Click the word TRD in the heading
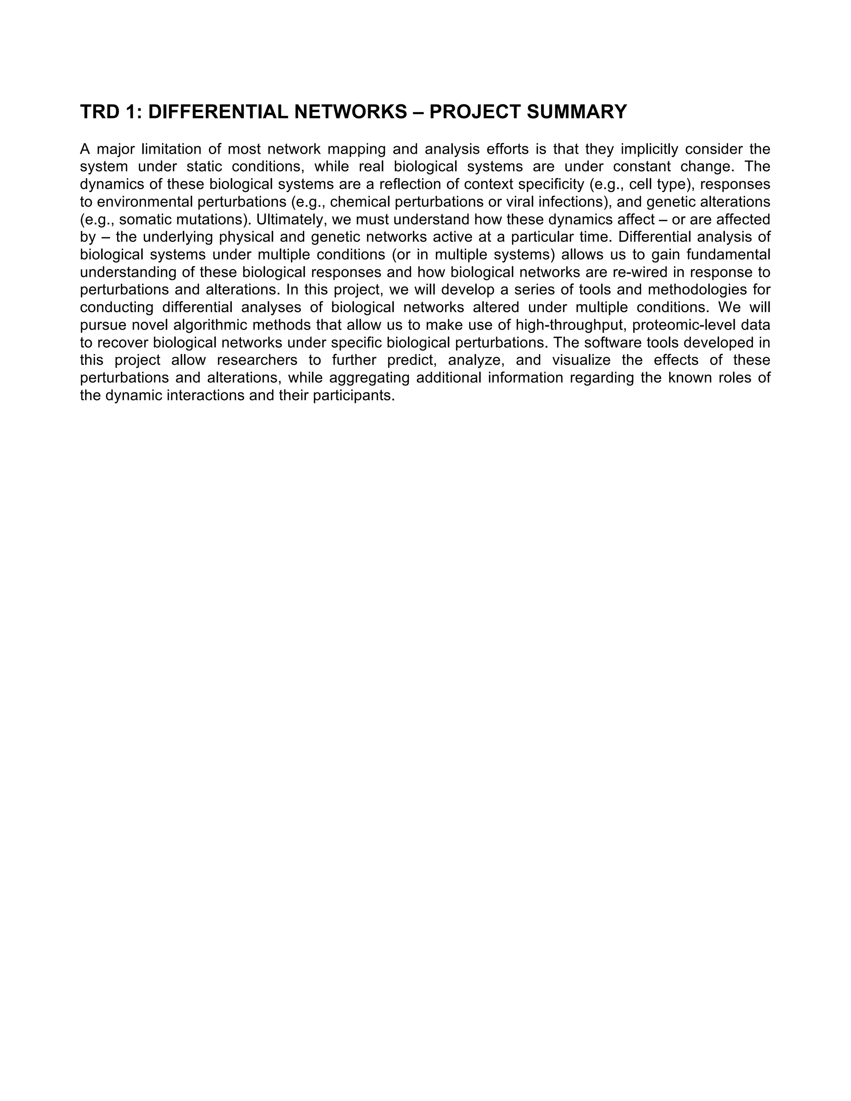click(x=100, y=112)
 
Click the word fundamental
click(x=728, y=255)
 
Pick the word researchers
click(x=256, y=361)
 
